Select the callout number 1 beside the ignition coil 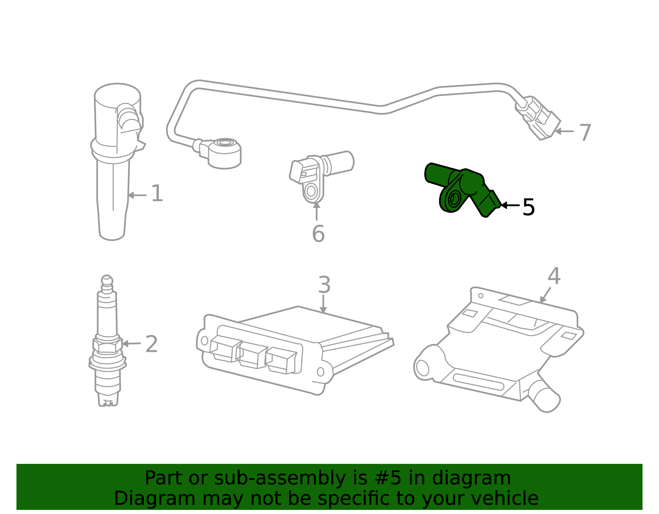(157, 193)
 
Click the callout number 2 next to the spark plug (152, 344)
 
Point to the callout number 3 (324, 285)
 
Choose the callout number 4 (554, 276)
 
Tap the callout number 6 (318, 234)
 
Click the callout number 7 (585, 133)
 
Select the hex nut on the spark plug (107, 345)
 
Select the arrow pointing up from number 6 (316, 211)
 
